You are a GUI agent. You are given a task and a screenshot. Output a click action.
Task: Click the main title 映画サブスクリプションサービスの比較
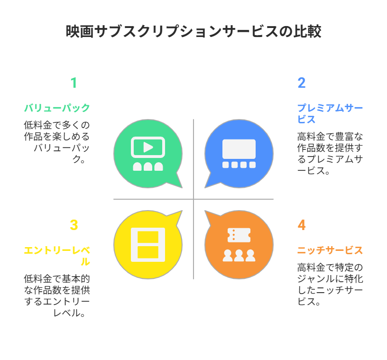(193, 31)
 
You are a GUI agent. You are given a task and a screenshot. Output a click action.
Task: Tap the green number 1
(74, 83)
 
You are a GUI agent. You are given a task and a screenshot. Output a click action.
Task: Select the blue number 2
(301, 83)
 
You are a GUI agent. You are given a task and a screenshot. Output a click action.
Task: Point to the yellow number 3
(74, 225)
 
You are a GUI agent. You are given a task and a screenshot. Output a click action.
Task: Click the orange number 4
(301, 225)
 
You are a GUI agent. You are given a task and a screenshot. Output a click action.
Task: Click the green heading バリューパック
(57, 108)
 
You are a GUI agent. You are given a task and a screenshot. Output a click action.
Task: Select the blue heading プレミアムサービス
(330, 113)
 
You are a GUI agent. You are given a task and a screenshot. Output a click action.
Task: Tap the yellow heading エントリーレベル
(57, 256)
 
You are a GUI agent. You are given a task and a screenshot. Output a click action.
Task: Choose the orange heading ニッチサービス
(330, 250)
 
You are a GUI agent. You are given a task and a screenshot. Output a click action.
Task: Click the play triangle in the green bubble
(148, 147)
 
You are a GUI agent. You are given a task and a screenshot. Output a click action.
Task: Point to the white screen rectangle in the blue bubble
(239, 149)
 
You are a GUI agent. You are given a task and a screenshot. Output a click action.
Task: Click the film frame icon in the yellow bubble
(148, 245)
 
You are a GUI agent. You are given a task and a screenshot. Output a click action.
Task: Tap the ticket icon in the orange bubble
(239, 235)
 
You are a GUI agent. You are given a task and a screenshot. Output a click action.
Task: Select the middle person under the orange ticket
(239, 256)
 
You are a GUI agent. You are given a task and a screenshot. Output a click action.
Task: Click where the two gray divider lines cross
(193, 199)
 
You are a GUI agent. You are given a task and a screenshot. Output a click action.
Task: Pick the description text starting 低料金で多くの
(57, 142)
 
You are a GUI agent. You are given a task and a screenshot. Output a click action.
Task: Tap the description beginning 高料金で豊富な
(330, 153)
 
